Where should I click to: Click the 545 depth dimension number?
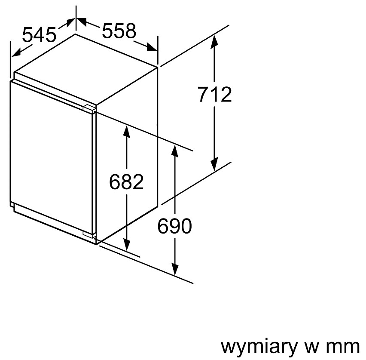pos(39,34)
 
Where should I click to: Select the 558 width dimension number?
pos(119,31)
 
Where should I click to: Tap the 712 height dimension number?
pos(215,94)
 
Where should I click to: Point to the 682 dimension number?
pos(126,182)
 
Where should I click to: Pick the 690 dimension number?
pos(174,226)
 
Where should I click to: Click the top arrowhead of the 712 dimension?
pos(214,42)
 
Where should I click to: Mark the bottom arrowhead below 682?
pos(127,244)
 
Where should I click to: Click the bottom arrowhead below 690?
pos(175,268)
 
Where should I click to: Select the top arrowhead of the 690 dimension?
pos(174,151)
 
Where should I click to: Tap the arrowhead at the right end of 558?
pos(152,47)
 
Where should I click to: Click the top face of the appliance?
pos(86,69)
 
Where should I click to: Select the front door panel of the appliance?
pos(52,157)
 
